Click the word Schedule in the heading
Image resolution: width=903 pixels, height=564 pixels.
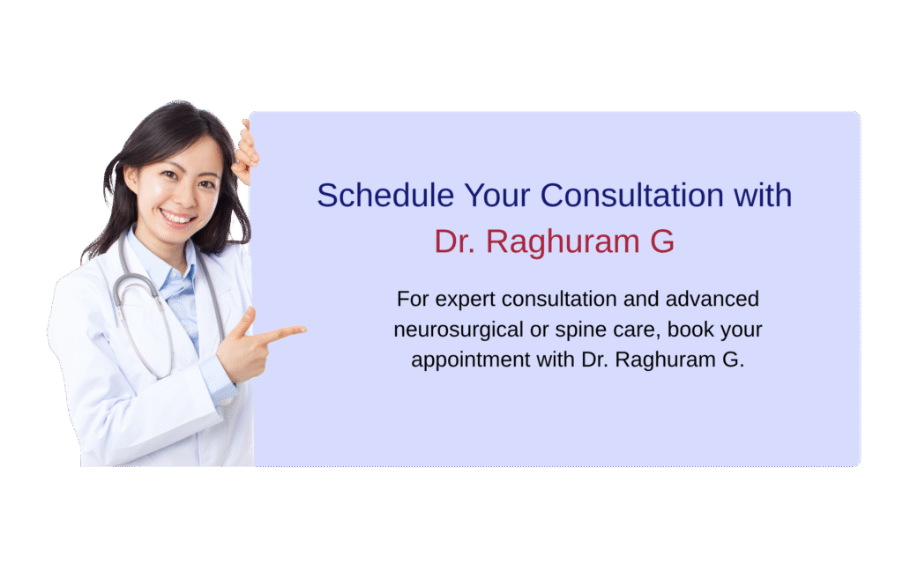coord(385,195)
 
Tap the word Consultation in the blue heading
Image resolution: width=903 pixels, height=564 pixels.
coord(631,195)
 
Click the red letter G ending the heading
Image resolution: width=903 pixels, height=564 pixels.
coord(662,241)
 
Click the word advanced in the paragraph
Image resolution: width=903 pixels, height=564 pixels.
coord(713,299)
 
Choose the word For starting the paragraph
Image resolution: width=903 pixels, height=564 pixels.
coord(413,299)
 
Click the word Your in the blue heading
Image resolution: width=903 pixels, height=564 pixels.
coord(497,195)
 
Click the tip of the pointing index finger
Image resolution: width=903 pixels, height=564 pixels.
coord(304,330)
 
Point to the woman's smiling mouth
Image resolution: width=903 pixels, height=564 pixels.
coord(177,219)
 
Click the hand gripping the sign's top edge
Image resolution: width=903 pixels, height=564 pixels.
coord(247,151)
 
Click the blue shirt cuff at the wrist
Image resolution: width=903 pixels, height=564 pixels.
coord(217,379)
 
